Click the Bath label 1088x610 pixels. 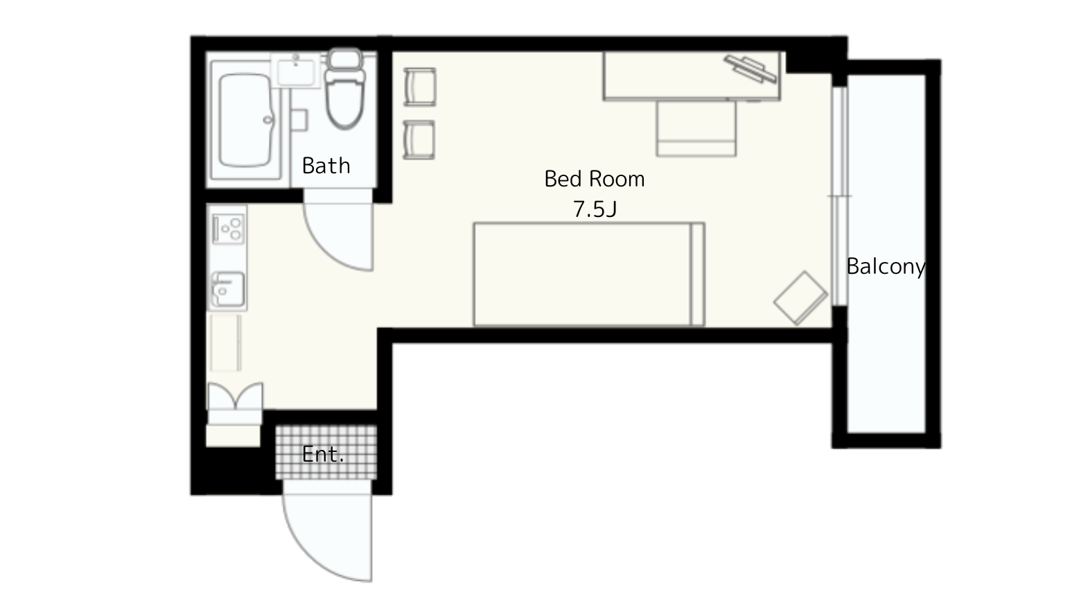point(326,166)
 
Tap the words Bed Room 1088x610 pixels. point(594,179)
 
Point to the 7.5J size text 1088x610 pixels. point(595,209)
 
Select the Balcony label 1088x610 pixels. point(886,267)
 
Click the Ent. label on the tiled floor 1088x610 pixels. point(323,455)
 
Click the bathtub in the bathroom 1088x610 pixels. point(245,120)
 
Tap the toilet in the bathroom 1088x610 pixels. point(345,89)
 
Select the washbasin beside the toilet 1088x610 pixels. point(295,71)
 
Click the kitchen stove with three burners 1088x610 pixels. point(228,229)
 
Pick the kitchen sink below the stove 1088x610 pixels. point(228,290)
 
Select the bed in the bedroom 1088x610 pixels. point(589,274)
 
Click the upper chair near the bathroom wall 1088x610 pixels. point(420,87)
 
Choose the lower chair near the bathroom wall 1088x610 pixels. point(419,140)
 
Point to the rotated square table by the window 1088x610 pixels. point(800,298)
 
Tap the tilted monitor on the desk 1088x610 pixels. point(751,69)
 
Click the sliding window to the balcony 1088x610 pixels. point(840,196)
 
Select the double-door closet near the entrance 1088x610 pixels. point(236,396)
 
